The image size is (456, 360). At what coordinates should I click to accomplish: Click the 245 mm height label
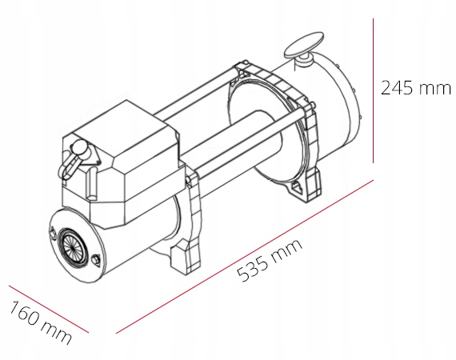[415, 87]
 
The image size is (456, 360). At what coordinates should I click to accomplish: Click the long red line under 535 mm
[245, 256]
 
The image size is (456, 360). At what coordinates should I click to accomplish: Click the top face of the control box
[120, 128]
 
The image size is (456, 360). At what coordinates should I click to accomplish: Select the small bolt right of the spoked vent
[96, 258]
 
